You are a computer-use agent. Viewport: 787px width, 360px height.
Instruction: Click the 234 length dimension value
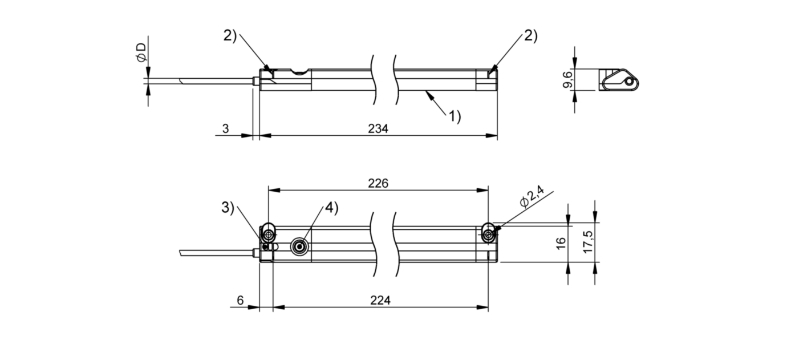(378, 129)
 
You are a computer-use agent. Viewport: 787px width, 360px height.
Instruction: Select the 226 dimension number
(378, 183)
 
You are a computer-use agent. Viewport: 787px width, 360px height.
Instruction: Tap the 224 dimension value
(380, 301)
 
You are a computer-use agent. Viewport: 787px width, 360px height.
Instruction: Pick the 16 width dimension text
(561, 241)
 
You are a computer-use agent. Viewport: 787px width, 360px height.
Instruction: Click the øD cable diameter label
(140, 51)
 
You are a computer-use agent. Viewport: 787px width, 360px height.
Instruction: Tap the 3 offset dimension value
(225, 129)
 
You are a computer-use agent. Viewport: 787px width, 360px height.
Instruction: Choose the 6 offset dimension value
(240, 301)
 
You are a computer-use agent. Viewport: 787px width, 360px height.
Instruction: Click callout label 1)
(454, 116)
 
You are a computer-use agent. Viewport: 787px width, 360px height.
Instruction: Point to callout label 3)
(228, 208)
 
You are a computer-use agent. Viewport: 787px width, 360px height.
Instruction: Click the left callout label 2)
(230, 35)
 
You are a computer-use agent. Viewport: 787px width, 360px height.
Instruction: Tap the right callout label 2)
(530, 35)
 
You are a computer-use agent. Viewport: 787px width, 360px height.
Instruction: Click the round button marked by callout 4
(299, 246)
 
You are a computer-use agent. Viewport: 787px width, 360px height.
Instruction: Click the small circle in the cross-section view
(628, 82)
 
